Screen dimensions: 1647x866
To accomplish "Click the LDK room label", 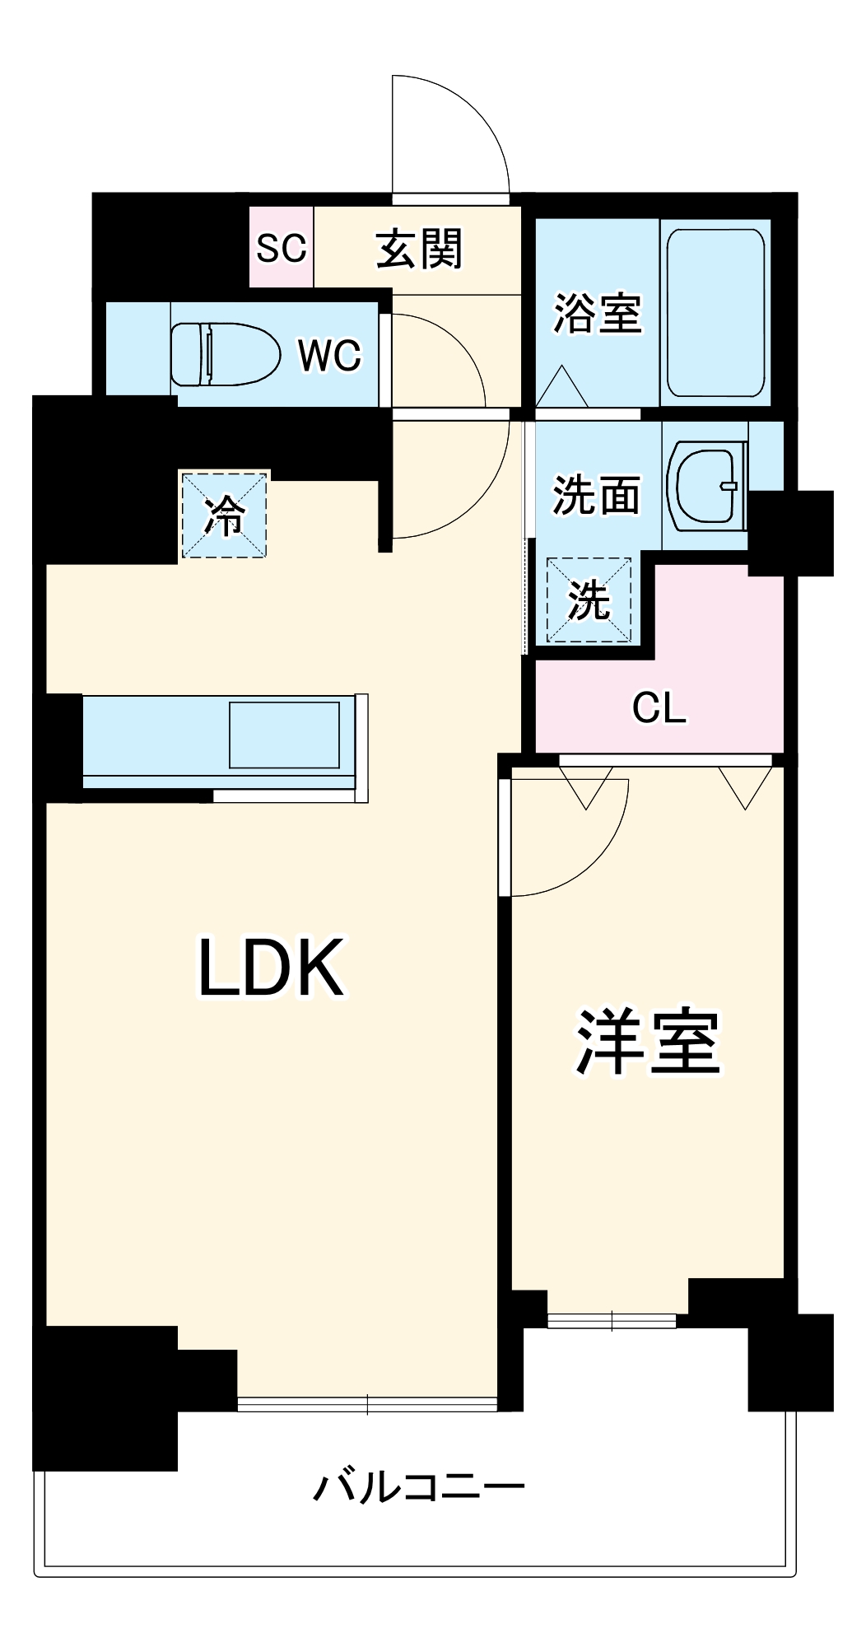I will click(271, 968).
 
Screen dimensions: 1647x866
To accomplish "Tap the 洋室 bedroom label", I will click(648, 1042).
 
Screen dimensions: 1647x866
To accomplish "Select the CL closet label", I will click(659, 707).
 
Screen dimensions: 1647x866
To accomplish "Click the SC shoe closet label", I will click(282, 248).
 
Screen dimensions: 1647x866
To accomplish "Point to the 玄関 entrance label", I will click(419, 248).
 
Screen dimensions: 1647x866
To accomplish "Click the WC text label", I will click(329, 355).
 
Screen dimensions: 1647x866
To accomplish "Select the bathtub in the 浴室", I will click(715, 313).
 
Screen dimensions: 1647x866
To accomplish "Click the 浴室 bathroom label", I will click(597, 314).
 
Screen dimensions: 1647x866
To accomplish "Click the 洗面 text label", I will click(596, 495).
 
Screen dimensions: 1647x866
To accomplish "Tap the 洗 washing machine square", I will click(589, 600).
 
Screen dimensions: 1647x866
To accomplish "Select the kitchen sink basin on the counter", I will click(284, 735).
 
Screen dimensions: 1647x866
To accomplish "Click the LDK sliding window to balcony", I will click(367, 1404).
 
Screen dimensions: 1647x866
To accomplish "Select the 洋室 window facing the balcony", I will click(612, 1320).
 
